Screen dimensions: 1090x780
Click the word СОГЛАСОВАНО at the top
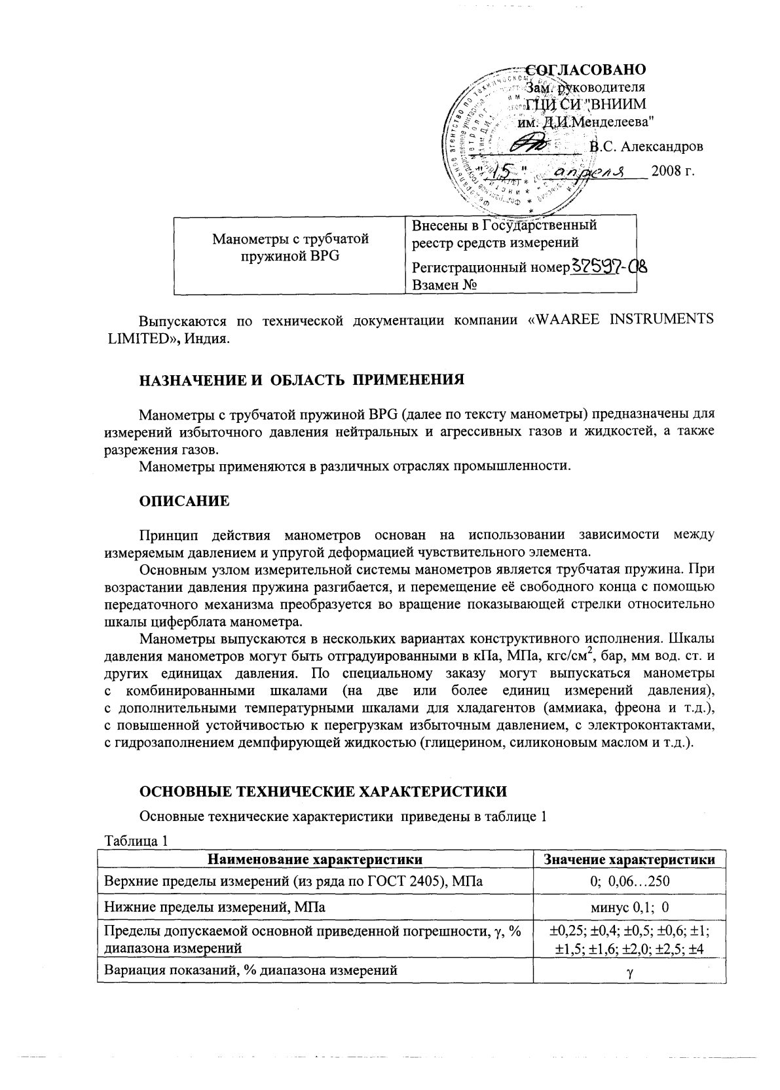(587, 70)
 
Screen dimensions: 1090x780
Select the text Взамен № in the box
(443, 285)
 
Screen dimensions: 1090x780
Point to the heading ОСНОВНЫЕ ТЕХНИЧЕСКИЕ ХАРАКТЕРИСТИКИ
(324, 791)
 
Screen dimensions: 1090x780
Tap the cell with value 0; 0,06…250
(629, 881)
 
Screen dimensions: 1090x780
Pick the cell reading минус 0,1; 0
(629, 907)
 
